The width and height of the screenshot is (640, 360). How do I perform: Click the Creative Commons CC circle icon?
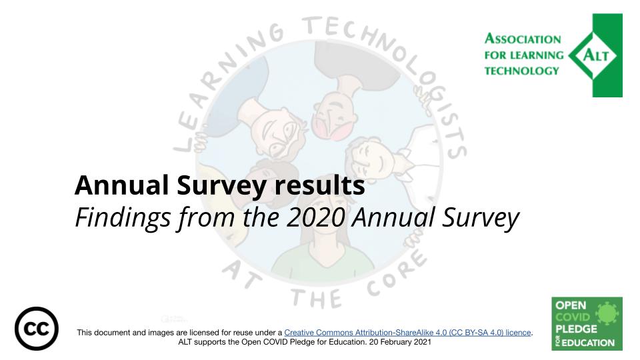pyautogui.click(x=36, y=329)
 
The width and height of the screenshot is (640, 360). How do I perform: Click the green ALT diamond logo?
pyautogui.click(x=595, y=55)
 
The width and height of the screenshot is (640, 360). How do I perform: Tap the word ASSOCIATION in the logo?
pyautogui.click(x=523, y=40)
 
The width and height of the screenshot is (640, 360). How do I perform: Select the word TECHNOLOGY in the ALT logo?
pyautogui.click(x=522, y=71)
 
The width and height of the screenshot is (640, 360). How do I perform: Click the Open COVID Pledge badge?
pyautogui.click(x=587, y=323)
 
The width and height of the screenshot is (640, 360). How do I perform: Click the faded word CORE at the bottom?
pyautogui.click(x=393, y=276)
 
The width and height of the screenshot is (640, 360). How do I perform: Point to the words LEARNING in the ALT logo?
pyautogui.click(x=539, y=55)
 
